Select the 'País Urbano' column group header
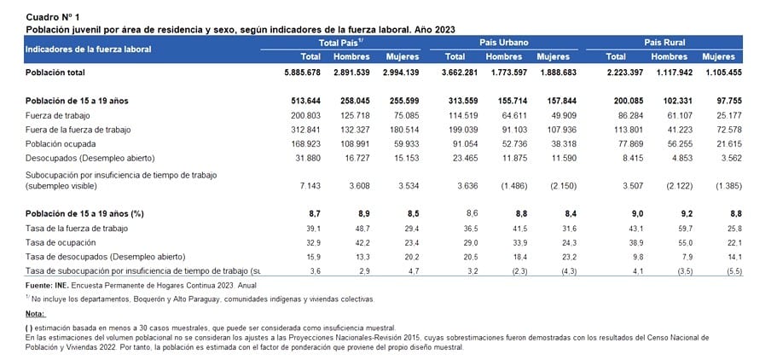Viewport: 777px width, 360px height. pos(504,43)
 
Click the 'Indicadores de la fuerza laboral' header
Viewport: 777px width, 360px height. pos(88,49)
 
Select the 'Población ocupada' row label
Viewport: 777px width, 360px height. pos(61,144)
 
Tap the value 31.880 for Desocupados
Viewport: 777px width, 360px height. pos(308,158)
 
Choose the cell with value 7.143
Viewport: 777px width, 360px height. pos(310,187)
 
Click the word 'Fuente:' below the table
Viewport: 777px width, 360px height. pos(38,286)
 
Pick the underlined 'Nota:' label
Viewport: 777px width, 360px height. pos(35,314)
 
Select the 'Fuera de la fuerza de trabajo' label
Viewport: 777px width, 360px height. pos(78,130)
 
